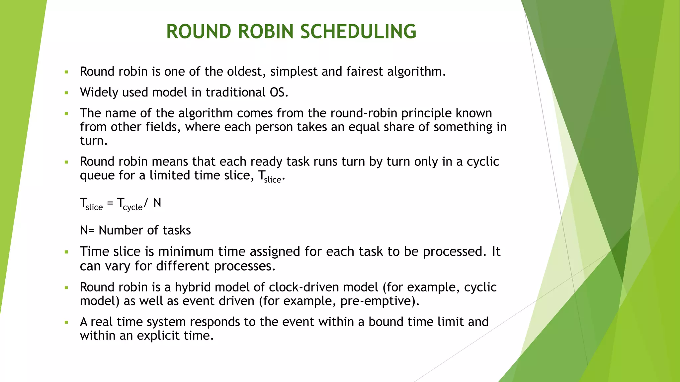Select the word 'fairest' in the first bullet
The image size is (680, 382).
coord(365,72)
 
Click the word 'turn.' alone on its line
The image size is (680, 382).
coord(94,141)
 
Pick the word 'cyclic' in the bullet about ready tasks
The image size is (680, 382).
coord(483,161)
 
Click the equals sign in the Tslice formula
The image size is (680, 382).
coord(110,203)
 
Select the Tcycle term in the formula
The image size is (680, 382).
coord(130,204)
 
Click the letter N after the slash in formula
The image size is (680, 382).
coord(157,203)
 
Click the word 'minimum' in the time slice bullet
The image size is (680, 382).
coord(186,252)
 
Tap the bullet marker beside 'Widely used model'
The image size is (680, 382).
coord(66,93)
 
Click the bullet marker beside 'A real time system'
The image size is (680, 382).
coord(66,322)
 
